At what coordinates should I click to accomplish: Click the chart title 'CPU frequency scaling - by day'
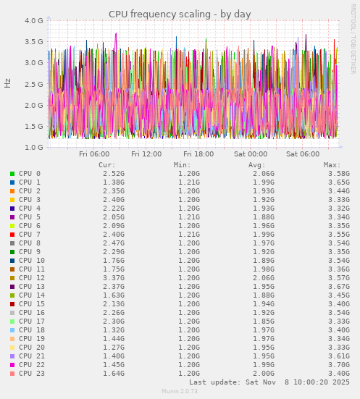point(180,14)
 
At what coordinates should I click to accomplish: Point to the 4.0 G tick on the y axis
point(33,21)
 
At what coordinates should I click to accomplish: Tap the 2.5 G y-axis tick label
point(33,84)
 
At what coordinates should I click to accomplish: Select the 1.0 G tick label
point(33,148)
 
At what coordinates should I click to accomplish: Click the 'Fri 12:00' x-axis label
point(146,154)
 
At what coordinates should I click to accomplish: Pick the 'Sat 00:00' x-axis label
point(251,154)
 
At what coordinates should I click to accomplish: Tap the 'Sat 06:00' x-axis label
point(303,154)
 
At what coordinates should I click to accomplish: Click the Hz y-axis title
point(8,83)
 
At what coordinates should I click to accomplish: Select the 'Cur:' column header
point(107,165)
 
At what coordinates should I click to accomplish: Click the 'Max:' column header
point(332,165)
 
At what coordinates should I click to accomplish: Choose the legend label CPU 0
point(30,174)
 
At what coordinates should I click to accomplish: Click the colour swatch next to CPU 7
point(12,235)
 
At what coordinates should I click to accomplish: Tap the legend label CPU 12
point(32,278)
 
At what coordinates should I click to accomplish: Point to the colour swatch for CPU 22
point(12,365)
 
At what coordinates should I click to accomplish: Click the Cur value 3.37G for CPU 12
point(113,278)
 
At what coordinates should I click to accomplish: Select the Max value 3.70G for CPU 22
point(338,365)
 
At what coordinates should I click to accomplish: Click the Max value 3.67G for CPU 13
point(338,287)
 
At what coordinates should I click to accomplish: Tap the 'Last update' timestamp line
point(269,382)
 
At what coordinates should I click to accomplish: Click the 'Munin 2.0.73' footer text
point(180,391)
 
